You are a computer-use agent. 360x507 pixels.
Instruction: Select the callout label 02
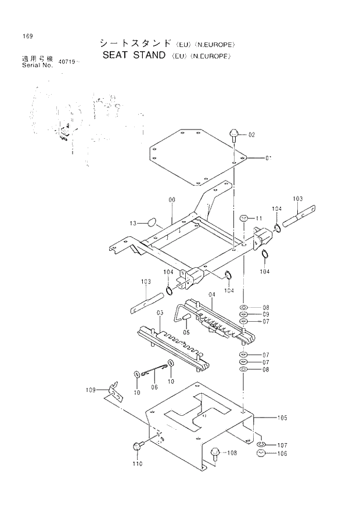click(x=251, y=135)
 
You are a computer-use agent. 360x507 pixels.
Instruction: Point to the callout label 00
click(x=172, y=200)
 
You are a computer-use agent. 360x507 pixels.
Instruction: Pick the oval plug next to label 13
click(x=152, y=221)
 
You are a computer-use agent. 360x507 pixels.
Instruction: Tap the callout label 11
click(x=258, y=218)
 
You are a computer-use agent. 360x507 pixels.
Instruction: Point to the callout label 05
click(x=186, y=332)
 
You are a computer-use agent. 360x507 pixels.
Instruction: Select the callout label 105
click(x=282, y=417)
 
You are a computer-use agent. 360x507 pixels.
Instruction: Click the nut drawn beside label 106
click(x=261, y=454)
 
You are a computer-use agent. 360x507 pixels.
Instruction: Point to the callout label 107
click(x=282, y=445)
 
